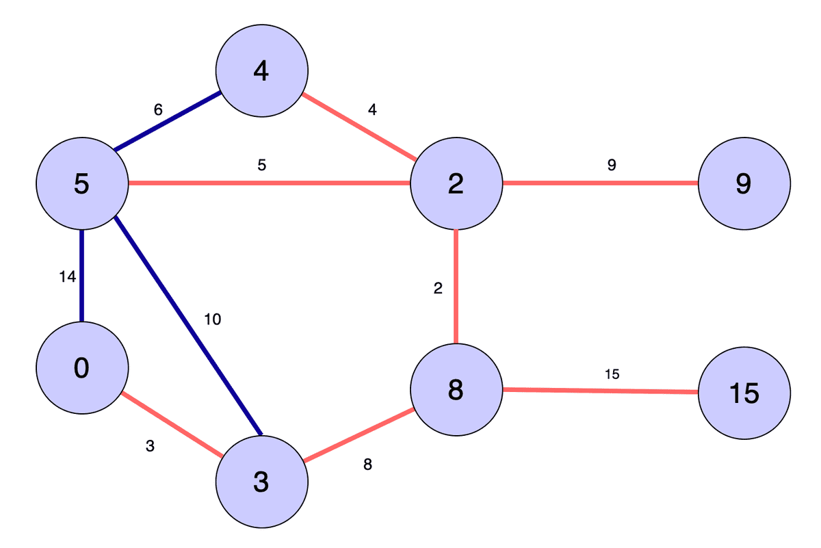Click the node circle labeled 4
coord(261,70)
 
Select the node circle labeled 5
coord(81,184)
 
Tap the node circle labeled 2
coord(456,184)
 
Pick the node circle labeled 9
coord(744,184)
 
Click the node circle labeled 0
coord(81,368)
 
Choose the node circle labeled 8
coord(456,390)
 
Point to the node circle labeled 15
coord(744,393)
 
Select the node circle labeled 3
coord(261,482)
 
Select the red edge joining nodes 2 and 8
coord(456,287)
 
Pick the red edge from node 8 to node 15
coord(600,391)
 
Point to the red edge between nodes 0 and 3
coord(172,425)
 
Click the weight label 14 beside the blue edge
coord(67,277)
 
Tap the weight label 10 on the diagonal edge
coord(212,319)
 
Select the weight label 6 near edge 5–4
coord(158,109)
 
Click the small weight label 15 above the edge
coord(612,374)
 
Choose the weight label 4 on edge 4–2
coord(372,109)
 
